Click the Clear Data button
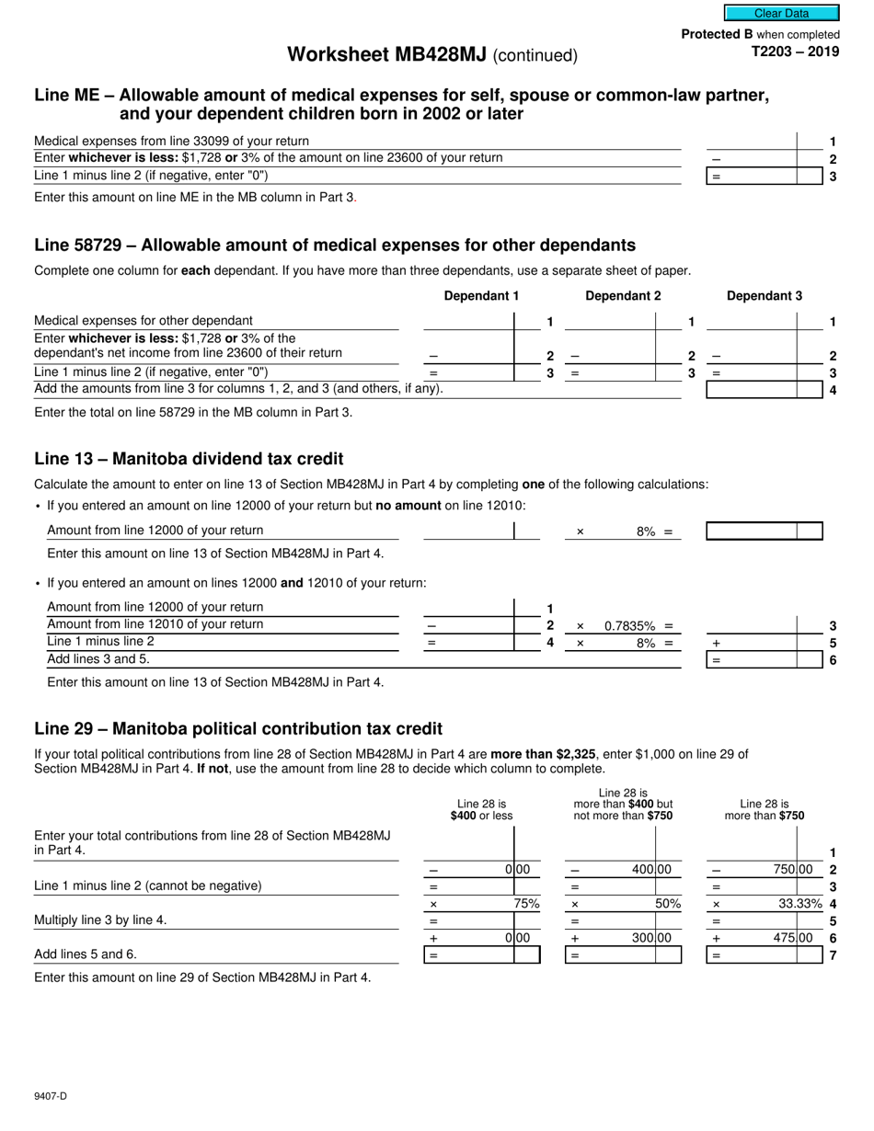click(x=781, y=13)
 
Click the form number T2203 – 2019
click(x=796, y=51)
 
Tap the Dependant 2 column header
click(x=623, y=296)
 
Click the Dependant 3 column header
click(x=764, y=296)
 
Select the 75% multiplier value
click(x=526, y=904)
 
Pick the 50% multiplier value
click(x=667, y=904)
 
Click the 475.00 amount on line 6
click(x=792, y=938)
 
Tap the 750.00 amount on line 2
click(x=792, y=870)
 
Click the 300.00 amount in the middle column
click(x=651, y=938)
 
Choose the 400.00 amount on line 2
click(x=651, y=870)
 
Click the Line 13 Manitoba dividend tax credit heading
click(x=189, y=459)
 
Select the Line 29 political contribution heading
click(x=238, y=729)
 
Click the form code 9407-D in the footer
click(x=51, y=1095)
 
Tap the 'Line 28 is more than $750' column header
click(x=764, y=809)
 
